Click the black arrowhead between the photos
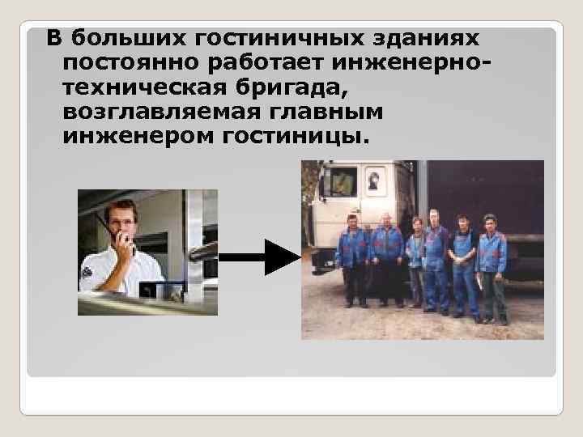pyautogui.click(x=282, y=257)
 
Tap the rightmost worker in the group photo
pyautogui.click(x=491, y=263)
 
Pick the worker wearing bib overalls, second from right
pyautogui.click(x=462, y=259)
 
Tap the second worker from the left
pyautogui.click(x=386, y=255)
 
